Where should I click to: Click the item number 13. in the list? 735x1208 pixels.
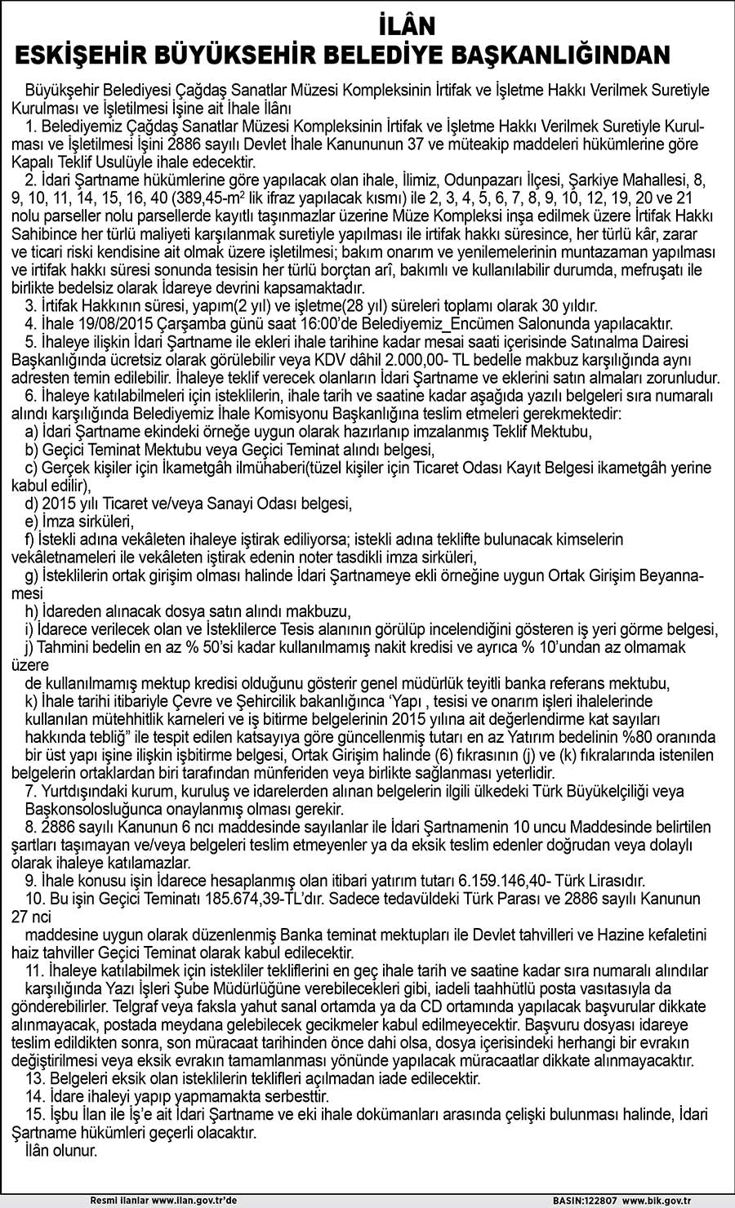click(35, 1077)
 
